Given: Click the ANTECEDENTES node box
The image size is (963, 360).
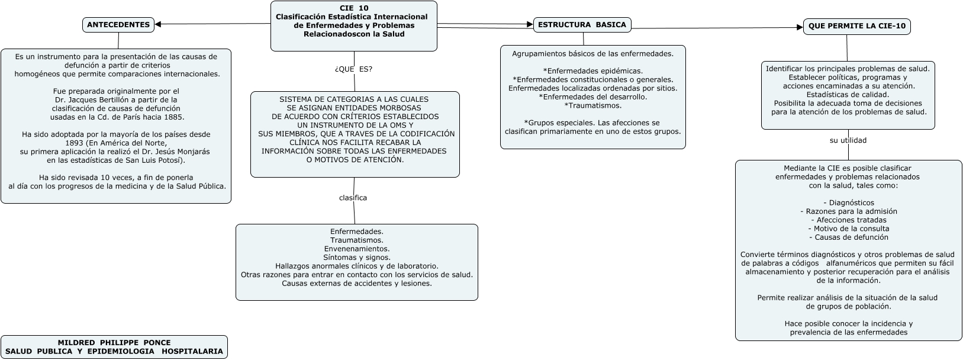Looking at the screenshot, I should [x=118, y=25].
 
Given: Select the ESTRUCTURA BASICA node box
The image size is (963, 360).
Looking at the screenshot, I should [x=582, y=25].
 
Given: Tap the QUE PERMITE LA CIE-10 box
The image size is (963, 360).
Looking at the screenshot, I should [x=856, y=27].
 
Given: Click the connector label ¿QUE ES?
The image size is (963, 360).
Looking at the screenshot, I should [x=353, y=69].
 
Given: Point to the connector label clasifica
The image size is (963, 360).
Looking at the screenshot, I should [x=353, y=198].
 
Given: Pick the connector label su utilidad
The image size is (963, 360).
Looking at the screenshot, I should [x=848, y=140].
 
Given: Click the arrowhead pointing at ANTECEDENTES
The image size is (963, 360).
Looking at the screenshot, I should [x=159, y=24].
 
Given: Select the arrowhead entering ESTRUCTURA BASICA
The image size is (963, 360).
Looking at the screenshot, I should [x=530, y=25].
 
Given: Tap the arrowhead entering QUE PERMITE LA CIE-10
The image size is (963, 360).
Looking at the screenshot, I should [x=799, y=27].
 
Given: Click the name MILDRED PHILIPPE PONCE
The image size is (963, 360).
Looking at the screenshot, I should [x=114, y=342].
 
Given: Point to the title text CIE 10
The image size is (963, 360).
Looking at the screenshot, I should [x=354, y=8].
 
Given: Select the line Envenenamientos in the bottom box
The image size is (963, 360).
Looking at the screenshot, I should [x=356, y=249].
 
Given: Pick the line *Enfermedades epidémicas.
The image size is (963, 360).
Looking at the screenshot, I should [x=592, y=71].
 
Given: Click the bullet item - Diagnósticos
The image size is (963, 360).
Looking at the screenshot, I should [x=848, y=202].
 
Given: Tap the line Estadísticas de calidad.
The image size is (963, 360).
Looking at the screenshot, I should [x=848, y=95].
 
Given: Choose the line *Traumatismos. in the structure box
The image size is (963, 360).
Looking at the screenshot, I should [x=592, y=105].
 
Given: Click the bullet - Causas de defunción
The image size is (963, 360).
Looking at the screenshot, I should [x=848, y=237].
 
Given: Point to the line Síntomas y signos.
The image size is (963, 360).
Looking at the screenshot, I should [x=356, y=258].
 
